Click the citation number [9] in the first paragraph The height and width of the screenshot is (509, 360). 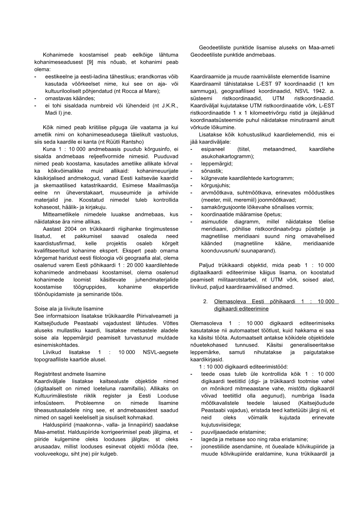click(x=90, y=62)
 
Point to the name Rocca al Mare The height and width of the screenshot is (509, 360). click(x=142, y=91)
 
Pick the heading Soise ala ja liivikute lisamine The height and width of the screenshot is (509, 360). click(x=69, y=309)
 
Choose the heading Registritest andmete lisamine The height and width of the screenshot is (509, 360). click(x=70, y=374)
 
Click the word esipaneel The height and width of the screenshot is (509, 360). click(x=213, y=149)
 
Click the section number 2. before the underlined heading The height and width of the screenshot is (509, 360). click(x=205, y=301)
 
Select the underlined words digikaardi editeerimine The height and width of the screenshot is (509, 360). click(x=241, y=309)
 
